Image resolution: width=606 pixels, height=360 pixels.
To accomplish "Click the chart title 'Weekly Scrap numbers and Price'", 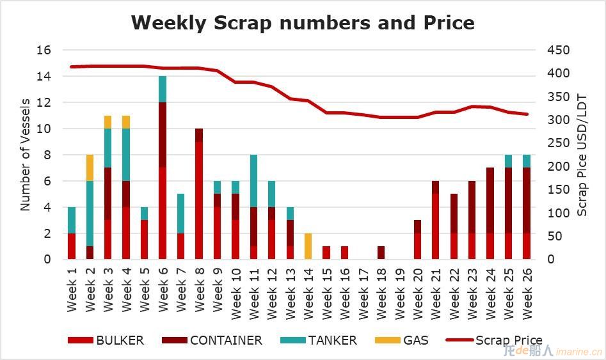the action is point(303,22).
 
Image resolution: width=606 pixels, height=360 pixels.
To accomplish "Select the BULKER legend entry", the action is point(106,340).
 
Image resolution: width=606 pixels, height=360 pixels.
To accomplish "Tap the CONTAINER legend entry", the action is point(212,340).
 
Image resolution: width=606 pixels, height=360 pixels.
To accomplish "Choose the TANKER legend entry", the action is point(319,340).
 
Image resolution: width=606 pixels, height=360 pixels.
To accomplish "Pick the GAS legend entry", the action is point(402,340).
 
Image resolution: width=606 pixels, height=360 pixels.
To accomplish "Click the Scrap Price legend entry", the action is point(494,340).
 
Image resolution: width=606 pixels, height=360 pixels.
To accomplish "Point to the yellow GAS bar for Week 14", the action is point(308,246).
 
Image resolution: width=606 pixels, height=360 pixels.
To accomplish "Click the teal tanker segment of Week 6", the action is point(163,90).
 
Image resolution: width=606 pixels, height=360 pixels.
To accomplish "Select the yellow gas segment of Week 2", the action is point(90,168).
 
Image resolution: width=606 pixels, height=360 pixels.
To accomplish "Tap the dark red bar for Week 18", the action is point(381,253).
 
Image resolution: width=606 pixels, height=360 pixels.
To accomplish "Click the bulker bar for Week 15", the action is point(326,253).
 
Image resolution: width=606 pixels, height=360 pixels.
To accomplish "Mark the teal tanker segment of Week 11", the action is point(253,181).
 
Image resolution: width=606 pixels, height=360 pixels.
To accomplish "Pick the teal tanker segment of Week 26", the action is point(527,161).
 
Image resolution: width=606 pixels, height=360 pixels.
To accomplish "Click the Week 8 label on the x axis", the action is point(199,290).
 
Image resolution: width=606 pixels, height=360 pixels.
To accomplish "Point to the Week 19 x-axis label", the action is point(399,293).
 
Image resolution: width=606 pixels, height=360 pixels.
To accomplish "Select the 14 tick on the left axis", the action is point(44,76).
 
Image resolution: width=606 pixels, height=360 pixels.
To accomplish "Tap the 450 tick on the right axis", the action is point(558,50).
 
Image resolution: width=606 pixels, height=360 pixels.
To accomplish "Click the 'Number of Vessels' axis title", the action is point(25,155).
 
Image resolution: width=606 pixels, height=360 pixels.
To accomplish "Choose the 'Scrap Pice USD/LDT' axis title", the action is point(581,155).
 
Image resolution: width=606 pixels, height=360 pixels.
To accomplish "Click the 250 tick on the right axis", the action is point(558,143).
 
